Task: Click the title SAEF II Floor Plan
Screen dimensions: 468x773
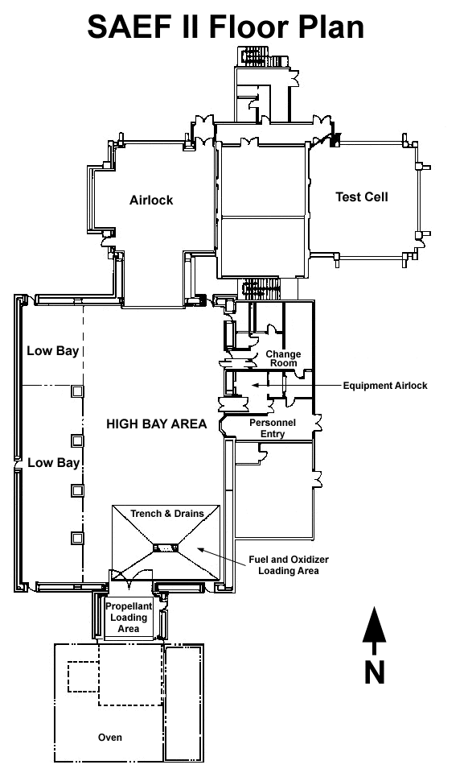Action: point(225,27)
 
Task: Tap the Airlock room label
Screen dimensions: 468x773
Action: point(151,200)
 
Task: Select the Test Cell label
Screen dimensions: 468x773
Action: point(362,197)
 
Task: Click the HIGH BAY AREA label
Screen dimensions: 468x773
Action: point(157,424)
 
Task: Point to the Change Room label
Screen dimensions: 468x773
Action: point(283,358)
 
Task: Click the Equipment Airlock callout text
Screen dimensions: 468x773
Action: point(385,386)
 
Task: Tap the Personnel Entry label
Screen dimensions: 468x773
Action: point(273,428)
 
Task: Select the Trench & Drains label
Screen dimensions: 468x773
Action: point(167,513)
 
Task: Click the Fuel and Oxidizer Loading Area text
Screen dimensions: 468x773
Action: point(289,565)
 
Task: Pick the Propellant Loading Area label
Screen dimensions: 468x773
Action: point(129,618)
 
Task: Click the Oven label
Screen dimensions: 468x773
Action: point(109,738)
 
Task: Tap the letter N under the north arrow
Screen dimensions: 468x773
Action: point(375,672)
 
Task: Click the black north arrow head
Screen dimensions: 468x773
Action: point(375,625)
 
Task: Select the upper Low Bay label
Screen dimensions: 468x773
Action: point(52,351)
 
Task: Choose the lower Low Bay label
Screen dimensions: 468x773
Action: point(53,463)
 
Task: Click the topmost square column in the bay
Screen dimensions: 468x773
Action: point(77,391)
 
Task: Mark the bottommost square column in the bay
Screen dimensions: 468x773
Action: point(77,538)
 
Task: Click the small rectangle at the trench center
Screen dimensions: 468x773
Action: point(166,548)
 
